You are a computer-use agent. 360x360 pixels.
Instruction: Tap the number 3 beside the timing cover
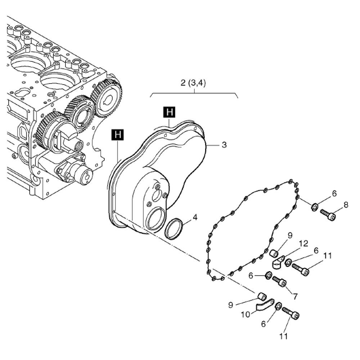(x=224, y=145)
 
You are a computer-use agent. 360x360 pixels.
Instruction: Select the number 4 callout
(x=195, y=217)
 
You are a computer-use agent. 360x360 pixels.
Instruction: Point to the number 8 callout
(x=346, y=205)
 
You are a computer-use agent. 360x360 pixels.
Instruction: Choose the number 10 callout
(x=246, y=314)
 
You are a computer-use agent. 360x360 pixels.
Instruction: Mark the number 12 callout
(x=303, y=244)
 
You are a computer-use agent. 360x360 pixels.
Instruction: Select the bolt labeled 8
(x=328, y=214)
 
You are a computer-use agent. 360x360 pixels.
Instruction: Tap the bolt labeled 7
(x=279, y=281)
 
